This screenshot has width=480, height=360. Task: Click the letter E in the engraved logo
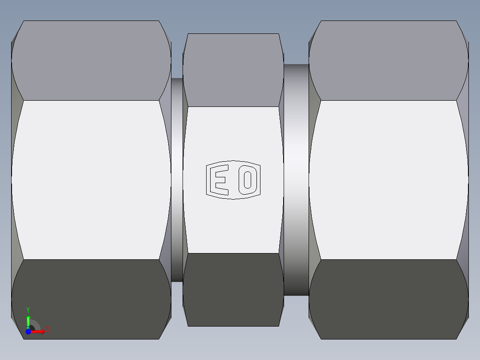pos(220,180)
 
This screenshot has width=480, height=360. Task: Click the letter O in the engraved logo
pos(247,180)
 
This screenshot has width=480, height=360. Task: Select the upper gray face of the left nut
pos(91,60)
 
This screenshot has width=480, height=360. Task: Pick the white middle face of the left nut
pos(91,180)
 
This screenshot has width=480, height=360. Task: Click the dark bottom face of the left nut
pos(91,299)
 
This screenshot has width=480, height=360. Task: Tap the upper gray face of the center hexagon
pos(233,70)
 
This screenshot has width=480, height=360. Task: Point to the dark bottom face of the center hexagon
pos(233,290)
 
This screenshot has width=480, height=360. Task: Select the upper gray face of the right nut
pos(388,60)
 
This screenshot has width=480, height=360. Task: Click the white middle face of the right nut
pos(388,180)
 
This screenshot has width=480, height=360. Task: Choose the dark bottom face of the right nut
pos(388,299)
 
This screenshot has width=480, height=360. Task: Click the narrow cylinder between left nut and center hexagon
pos(177,180)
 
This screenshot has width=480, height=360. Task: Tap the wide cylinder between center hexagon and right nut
pos(296,180)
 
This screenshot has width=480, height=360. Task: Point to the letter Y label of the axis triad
pos(28,309)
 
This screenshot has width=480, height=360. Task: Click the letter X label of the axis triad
pos(47,330)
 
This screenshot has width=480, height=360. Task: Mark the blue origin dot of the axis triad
pos(28,331)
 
